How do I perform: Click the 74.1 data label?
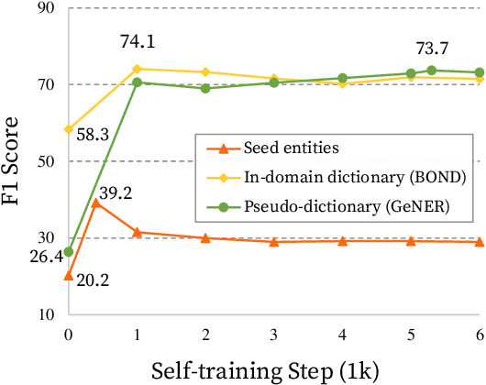137,41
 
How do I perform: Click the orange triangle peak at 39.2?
96,203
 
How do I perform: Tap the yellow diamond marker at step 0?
69,129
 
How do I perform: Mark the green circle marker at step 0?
69,252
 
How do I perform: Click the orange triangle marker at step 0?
69,275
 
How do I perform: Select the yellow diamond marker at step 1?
137,69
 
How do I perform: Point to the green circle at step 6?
478,72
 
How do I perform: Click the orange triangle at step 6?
478,242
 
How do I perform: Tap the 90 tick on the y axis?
43,9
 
